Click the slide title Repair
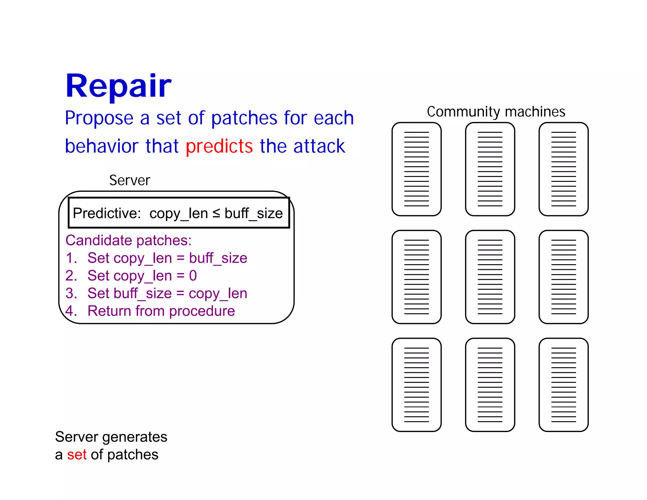tap(118, 86)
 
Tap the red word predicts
tap(219, 146)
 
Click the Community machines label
tap(496, 112)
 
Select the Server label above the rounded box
tap(130, 180)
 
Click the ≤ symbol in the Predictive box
tap(216, 213)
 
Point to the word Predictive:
tap(107, 213)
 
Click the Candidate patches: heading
tap(128, 241)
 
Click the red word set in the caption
tap(76, 455)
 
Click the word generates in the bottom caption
tap(135, 437)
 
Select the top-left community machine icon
tap(416, 169)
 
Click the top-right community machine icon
tap(563, 169)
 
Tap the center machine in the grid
tap(490, 277)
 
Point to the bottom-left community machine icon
tap(416, 385)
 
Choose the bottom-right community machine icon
tap(563, 385)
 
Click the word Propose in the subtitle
tap(99, 118)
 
